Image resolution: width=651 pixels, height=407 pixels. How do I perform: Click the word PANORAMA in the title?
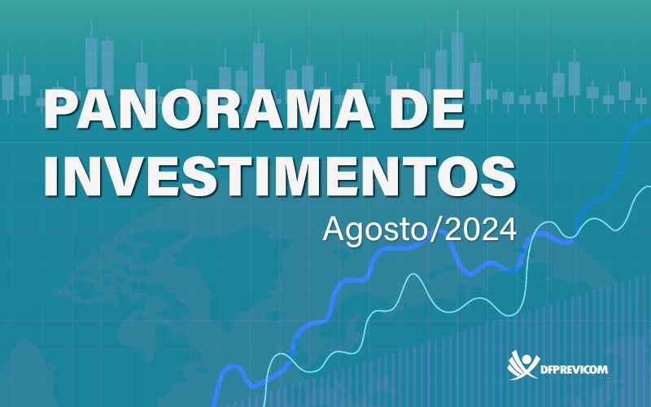[x=209, y=109]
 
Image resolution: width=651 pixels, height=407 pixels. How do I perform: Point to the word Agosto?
[x=375, y=230]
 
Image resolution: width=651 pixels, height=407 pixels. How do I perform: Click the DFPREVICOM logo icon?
[x=522, y=365]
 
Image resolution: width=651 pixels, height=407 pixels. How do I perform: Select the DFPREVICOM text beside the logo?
[x=575, y=370]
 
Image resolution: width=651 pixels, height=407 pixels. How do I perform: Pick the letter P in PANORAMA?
[x=62, y=109]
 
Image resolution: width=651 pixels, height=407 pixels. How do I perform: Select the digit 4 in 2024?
[x=508, y=229]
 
